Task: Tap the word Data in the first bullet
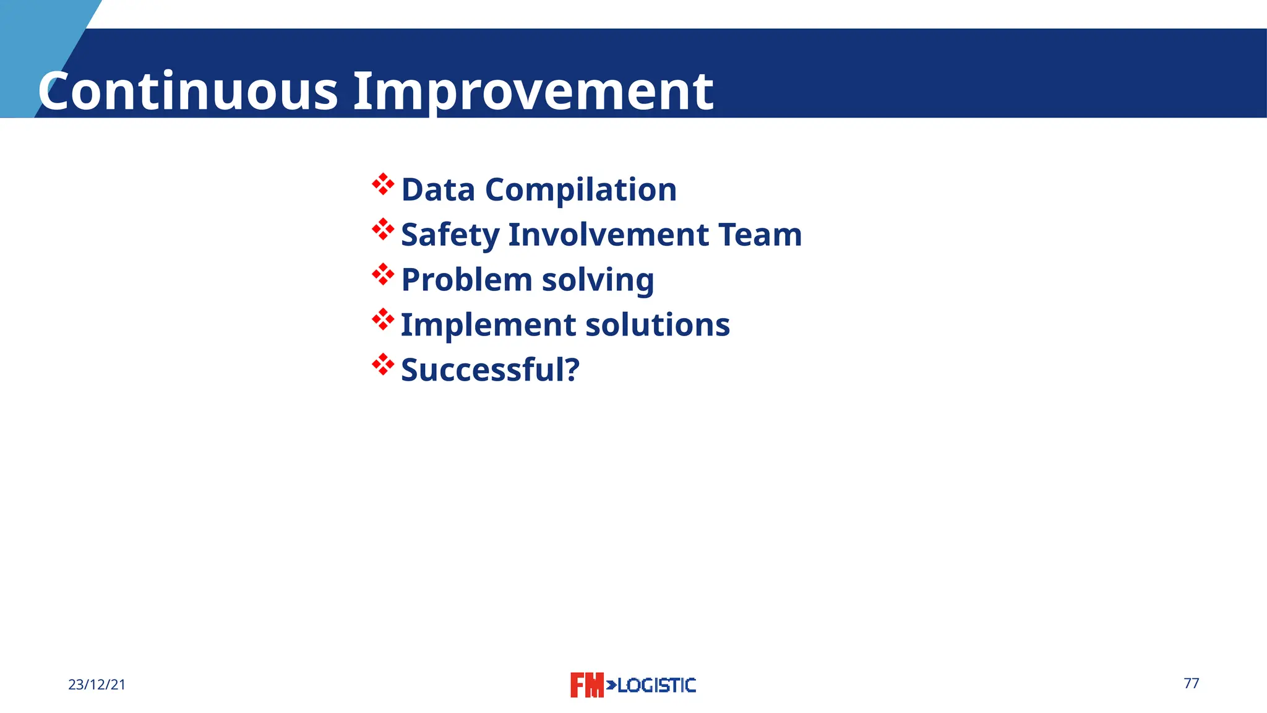[438, 189]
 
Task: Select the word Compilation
[581, 189]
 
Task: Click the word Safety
[450, 235]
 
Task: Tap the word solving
[598, 280]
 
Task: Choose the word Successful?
[490, 370]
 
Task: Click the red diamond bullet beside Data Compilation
[383, 184]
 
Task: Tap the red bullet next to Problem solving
[383, 275]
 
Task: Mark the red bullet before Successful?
[383, 365]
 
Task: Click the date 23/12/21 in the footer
[97, 685]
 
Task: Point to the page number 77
[1191, 683]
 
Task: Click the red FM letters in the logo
[586, 685]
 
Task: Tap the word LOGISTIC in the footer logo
[656, 685]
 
